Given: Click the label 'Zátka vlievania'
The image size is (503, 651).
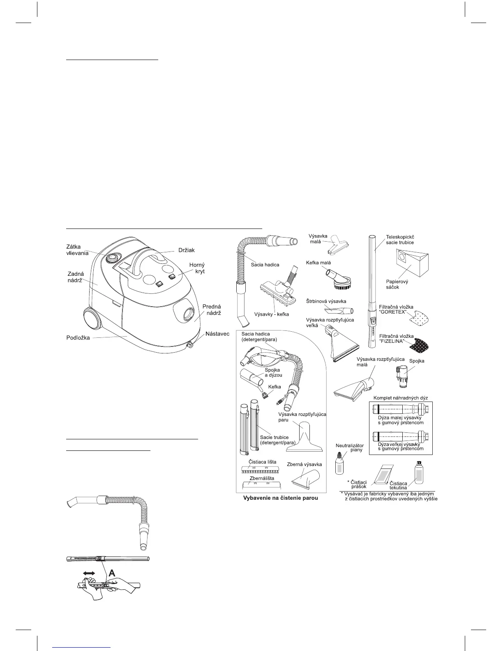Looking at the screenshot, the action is point(78,250).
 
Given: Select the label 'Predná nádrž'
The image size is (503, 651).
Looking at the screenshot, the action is point(212,310).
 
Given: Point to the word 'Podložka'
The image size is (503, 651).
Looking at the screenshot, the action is point(78,338).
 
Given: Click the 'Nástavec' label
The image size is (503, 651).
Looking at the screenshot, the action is point(217,334).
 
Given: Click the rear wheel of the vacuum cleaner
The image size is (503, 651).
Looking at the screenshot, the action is point(92,319).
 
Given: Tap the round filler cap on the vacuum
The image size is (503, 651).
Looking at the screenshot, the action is point(111,258).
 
